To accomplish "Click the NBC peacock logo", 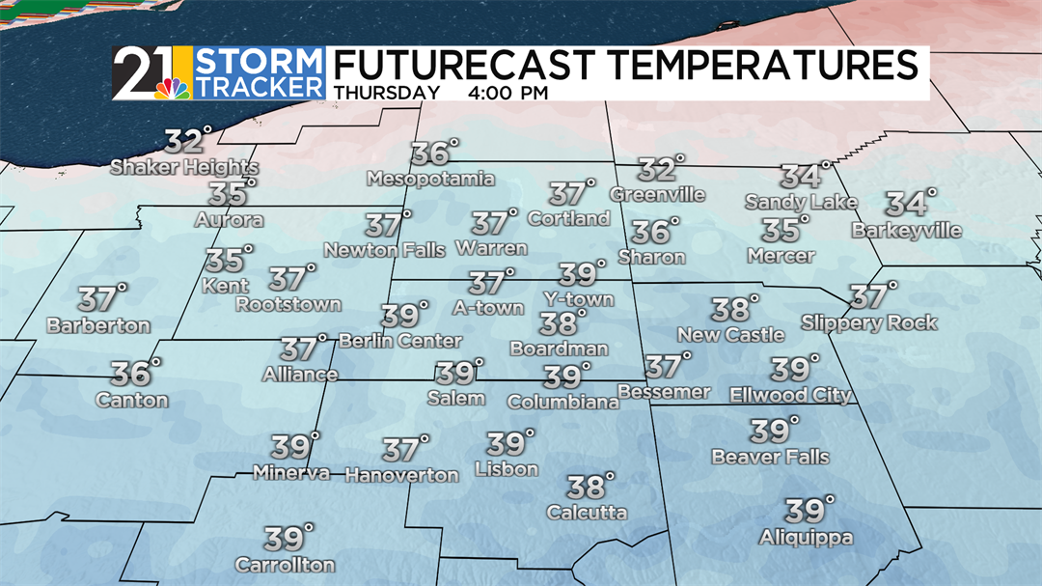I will click(172, 88).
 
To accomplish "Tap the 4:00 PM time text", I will click(507, 94).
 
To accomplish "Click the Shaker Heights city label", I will click(184, 167).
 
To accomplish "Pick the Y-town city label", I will click(578, 299).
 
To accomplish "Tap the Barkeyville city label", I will click(906, 231).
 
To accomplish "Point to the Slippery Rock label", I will click(869, 322).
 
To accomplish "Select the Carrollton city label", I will click(285, 565).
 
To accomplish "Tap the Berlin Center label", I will click(400, 341).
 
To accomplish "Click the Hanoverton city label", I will click(401, 475).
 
